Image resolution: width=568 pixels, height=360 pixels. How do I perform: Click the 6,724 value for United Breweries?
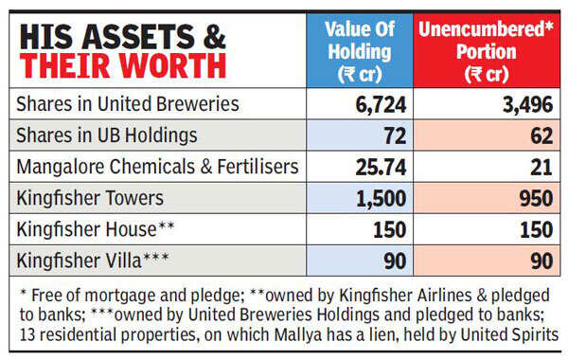click(378, 104)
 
